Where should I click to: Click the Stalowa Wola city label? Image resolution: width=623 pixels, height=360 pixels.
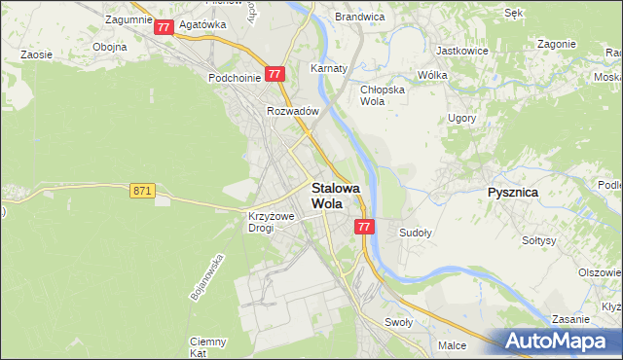335,196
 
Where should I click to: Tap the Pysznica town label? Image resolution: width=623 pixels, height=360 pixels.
512,193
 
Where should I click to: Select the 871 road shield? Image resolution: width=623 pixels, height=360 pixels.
141,192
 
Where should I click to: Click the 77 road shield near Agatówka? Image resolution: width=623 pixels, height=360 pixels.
164,27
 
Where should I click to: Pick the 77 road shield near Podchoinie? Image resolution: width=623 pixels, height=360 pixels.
275,73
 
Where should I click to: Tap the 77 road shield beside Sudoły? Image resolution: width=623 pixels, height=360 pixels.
364,227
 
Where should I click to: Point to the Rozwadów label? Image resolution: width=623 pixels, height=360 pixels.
293,111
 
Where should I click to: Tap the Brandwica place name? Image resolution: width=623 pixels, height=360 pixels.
359,17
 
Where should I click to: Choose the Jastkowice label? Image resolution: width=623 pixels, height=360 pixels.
461,50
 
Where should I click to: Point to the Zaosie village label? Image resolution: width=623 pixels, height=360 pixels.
36,55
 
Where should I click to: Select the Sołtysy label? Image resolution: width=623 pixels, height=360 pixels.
538,240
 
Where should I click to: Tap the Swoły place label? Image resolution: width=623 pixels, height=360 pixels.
399,322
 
